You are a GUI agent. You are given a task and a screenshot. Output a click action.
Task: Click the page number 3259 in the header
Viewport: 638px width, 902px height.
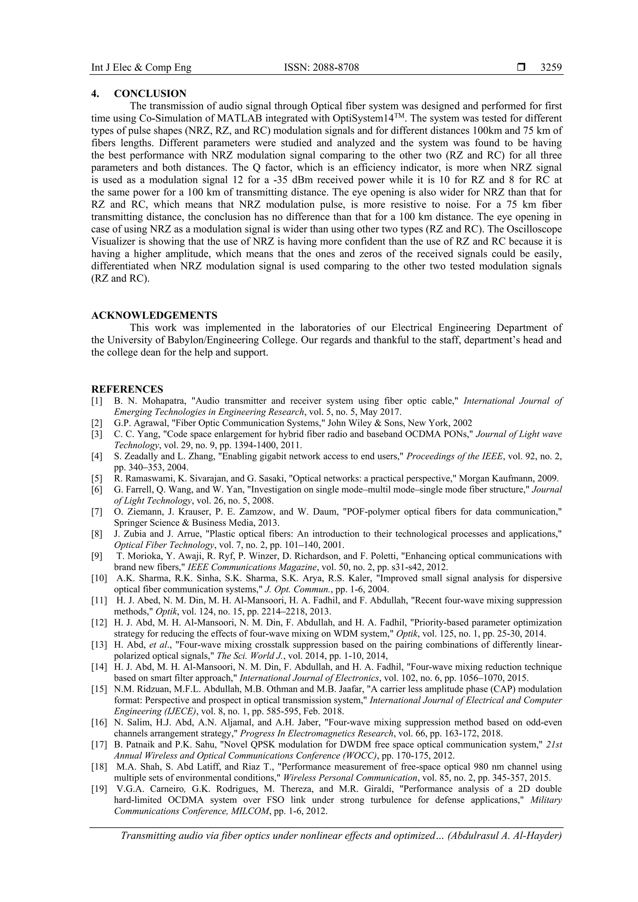click(x=551, y=68)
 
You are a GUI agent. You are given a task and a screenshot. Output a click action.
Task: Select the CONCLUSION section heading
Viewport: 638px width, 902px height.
click(x=150, y=93)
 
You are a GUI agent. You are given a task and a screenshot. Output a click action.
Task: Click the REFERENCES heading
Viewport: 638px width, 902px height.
click(x=127, y=389)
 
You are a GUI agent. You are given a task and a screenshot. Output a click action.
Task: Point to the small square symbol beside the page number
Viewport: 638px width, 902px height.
click(x=521, y=68)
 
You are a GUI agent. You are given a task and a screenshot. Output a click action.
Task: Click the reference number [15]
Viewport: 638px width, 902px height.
click(x=99, y=689)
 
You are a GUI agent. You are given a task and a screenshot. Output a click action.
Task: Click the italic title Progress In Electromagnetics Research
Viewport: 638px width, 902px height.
click(x=317, y=733)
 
